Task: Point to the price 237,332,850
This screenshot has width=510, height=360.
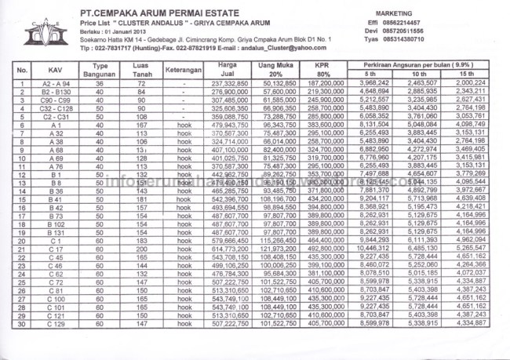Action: [x=231, y=82]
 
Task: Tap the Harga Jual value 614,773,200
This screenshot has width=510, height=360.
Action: [x=231, y=248]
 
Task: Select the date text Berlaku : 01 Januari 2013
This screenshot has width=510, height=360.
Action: [x=118, y=31]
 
